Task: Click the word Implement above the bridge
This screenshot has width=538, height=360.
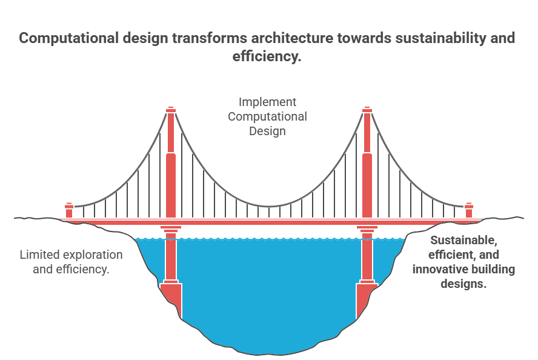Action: (267, 102)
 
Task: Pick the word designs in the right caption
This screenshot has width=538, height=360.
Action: (464, 283)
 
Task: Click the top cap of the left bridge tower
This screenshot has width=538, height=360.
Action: (171, 110)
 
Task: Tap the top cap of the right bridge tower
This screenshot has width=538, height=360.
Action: (367, 110)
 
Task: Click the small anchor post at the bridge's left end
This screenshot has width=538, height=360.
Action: (69, 210)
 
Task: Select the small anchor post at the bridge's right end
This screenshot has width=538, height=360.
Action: (468, 210)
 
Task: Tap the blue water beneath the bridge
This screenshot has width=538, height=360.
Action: (267, 291)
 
